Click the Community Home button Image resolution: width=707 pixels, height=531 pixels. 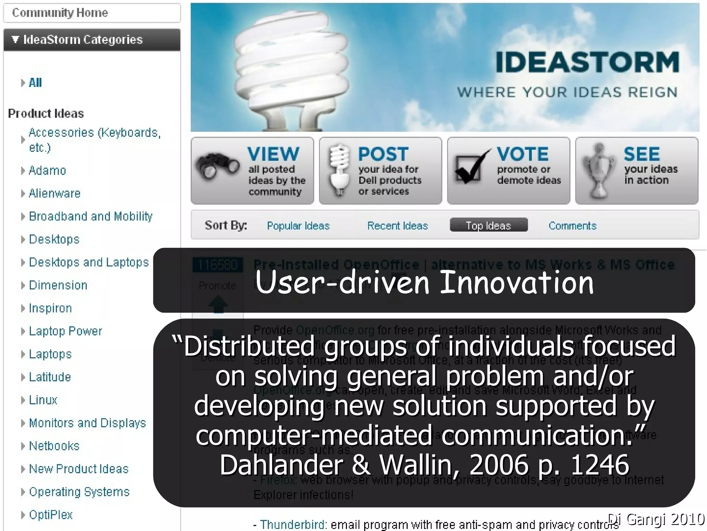60,13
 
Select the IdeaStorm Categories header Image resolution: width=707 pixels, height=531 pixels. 83,40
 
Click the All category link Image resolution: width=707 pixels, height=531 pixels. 35,83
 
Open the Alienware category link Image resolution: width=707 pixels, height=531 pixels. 55,193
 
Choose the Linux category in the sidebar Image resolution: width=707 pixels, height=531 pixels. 43,400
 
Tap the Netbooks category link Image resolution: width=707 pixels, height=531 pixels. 54,446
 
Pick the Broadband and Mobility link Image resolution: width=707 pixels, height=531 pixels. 90,216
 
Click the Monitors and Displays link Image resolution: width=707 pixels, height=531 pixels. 87,423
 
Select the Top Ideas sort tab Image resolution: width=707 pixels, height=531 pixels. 488,225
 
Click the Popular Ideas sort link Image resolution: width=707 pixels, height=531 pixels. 298,226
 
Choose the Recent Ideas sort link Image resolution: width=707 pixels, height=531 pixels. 397,226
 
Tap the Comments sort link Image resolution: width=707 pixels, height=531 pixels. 572,226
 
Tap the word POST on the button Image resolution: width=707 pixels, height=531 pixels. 383,154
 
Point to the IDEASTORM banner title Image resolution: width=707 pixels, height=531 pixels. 587,62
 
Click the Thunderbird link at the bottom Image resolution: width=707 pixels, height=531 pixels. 292,524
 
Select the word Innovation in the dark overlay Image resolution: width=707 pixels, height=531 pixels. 517,282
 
